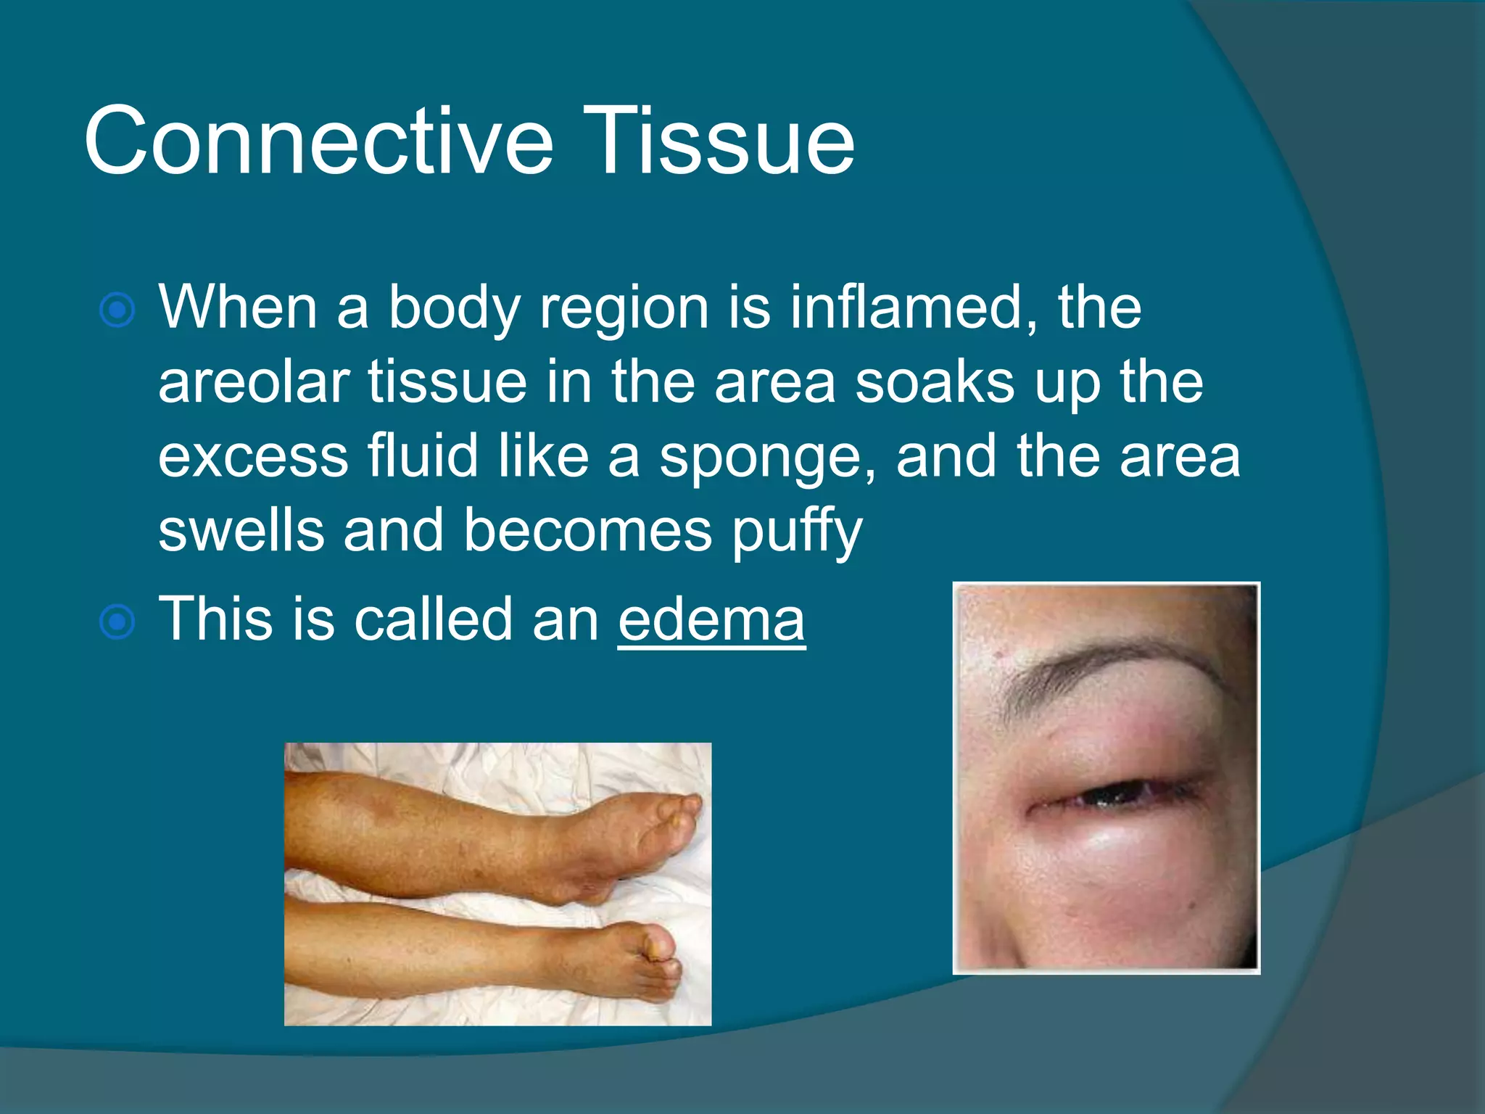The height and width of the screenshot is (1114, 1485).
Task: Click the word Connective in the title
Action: point(319,141)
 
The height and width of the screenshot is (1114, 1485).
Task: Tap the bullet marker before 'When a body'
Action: point(117,311)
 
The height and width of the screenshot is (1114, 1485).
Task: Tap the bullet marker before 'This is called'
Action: point(117,622)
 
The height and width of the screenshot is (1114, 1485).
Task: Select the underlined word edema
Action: point(711,620)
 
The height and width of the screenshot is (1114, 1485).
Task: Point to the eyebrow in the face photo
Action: point(1117,664)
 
